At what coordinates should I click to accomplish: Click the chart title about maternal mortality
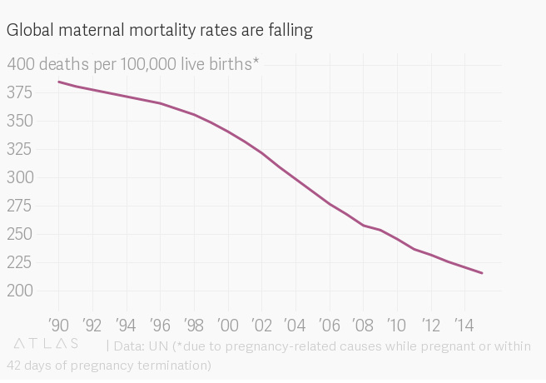coord(160,31)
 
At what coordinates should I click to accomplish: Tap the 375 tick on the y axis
coord(21,92)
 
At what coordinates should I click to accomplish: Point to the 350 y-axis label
coord(21,121)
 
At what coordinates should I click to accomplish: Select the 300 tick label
coord(21,177)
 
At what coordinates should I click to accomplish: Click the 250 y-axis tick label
coord(21,234)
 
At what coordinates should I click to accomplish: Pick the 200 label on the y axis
coord(21,291)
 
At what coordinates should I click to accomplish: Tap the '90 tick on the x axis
coord(58,323)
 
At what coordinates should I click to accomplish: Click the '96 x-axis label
coord(161,323)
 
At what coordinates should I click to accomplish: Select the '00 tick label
coord(228,323)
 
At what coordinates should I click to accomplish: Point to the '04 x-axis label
coord(295,323)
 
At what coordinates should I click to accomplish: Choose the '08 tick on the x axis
coord(363,323)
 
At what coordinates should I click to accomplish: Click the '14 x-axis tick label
coord(464,323)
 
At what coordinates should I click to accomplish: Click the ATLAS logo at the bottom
coord(47,344)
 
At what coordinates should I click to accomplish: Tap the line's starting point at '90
coord(58,82)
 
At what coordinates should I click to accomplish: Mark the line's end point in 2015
coord(482,273)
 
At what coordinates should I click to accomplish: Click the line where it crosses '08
coord(363,225)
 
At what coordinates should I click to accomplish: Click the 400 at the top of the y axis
coord(21,63)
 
